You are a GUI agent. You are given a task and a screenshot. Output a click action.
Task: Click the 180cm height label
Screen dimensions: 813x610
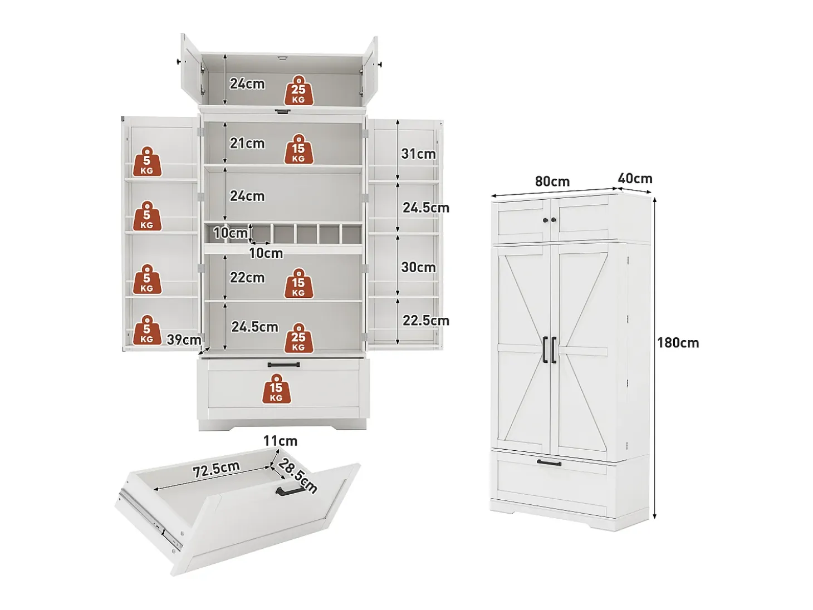(678, 343)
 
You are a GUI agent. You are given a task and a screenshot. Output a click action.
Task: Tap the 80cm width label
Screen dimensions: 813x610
(552, 181)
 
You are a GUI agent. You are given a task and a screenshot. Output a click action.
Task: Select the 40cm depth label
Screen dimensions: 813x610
(635, 179)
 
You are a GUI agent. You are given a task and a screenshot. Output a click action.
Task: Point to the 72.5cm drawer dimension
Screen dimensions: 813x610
(216, 469)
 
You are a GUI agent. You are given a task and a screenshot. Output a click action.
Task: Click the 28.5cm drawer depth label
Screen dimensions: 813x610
(297, 476)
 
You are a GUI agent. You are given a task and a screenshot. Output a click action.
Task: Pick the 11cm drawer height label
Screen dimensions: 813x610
(281, 441)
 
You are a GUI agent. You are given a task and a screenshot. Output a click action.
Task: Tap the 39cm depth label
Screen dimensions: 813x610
(184, 340)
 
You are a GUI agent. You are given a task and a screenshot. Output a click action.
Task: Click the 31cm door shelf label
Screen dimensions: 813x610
(419, 154)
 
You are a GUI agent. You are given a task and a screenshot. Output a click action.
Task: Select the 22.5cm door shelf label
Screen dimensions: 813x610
(426, 320)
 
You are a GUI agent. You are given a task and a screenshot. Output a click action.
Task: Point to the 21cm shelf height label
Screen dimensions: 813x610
(247, 143)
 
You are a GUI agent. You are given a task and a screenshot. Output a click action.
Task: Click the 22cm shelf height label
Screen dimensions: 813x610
(247, 277)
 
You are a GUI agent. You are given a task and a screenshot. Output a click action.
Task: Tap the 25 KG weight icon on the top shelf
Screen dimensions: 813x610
(298, 90)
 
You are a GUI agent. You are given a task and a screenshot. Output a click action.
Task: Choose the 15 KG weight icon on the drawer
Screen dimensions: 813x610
(276, 388)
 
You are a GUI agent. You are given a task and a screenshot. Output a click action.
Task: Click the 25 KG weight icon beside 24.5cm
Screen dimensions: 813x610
(298, 338)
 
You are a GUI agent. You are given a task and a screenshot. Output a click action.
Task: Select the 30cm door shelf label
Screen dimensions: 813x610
(419, 267)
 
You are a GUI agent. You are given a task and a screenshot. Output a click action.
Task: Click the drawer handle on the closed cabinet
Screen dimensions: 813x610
(549, 463)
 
